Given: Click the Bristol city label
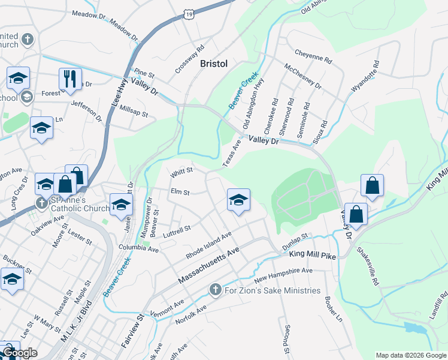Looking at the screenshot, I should tap(214, 64).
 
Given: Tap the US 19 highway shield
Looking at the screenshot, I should tap(189, 14).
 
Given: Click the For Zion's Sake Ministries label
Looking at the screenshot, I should tap(273, 291).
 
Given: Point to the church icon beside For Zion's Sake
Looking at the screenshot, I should tap(216, 290).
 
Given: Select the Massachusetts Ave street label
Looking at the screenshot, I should tap(209, 265).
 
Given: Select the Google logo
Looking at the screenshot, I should tap(20, 353).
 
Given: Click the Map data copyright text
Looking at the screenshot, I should tap(410, 355).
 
